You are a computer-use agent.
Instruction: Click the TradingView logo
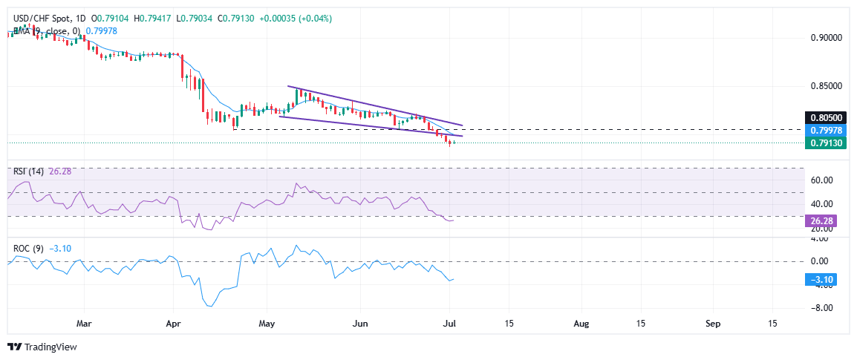(x=42, y=347)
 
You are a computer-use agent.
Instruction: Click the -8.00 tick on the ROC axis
(x=820, y=307)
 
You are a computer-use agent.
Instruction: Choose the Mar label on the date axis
(x=84, y=324)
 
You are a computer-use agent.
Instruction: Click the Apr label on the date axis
(x=173, y=324)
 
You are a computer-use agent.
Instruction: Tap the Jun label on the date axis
(x=359, y=324)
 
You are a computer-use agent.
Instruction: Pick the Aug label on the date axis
(x=582, y=324)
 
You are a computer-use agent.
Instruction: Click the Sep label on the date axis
(x=713, y=324)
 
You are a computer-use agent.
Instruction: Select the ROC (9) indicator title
(x=27, y=249)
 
